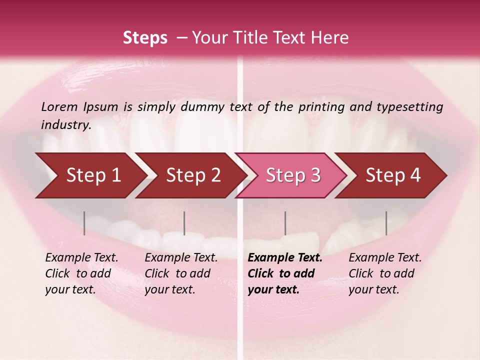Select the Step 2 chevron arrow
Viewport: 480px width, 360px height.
(189, 175)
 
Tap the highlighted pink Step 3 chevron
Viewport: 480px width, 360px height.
(291, 175)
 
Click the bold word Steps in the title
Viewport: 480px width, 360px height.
(145, 38)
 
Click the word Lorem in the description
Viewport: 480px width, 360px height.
(59, 106)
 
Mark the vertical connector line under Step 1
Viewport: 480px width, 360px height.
(84, 223)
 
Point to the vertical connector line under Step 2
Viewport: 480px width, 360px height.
(184, 223)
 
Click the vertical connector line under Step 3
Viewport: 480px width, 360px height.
(285, 223)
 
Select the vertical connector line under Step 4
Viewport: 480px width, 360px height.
(386, 223)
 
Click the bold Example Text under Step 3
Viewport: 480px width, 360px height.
(285, 258)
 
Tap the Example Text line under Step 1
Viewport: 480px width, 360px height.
(81, 258)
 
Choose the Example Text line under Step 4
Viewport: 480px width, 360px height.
(385, 258)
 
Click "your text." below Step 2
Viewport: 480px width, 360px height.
(169, 289)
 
